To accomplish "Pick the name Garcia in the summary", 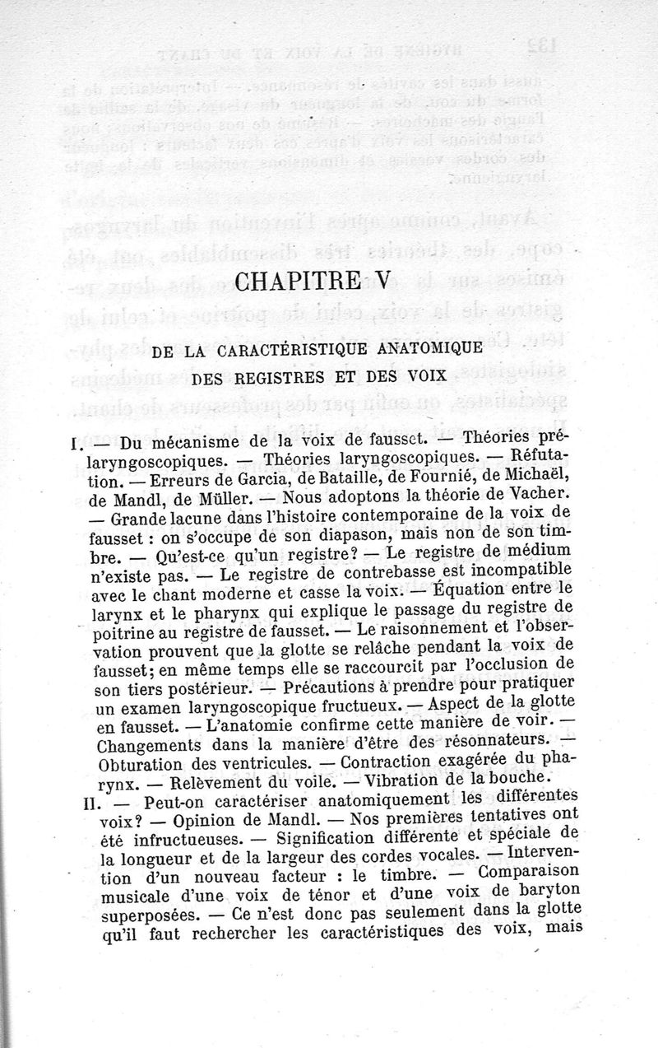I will click(x=252, y=480).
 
